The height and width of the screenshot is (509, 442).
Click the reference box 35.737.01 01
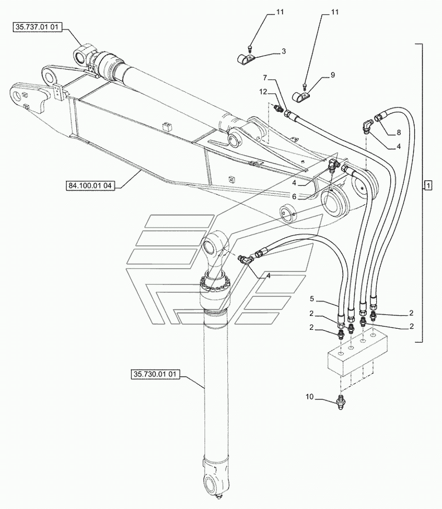37,27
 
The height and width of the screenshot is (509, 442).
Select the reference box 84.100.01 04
90,185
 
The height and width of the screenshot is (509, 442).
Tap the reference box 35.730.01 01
155,374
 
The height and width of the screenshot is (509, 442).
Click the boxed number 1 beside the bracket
428,186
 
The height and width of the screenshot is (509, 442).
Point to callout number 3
284,51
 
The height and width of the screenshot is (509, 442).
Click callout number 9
332,75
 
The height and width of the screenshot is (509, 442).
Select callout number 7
265,77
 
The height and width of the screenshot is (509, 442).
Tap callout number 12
263,92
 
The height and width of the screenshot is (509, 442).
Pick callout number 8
399,132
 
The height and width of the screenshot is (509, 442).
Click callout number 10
309,397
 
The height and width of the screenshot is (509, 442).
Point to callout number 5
312,298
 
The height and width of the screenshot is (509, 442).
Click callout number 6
294,196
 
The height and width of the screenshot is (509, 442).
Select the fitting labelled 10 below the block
341,402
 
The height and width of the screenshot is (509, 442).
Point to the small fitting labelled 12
279,107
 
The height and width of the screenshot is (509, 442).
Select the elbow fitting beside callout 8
367,126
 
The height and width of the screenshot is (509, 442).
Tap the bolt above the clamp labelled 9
304,87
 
